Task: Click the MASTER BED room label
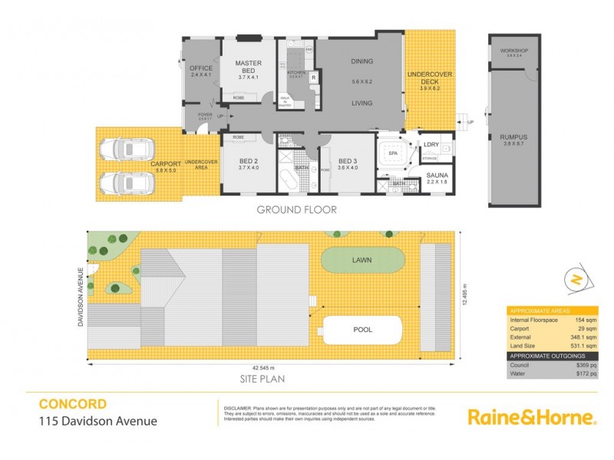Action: [249, 67]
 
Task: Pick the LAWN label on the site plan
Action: [361, 261]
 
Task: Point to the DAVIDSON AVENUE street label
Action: [78, 295]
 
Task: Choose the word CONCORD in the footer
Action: [73, 403]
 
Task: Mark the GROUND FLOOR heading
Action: [296, 209]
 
